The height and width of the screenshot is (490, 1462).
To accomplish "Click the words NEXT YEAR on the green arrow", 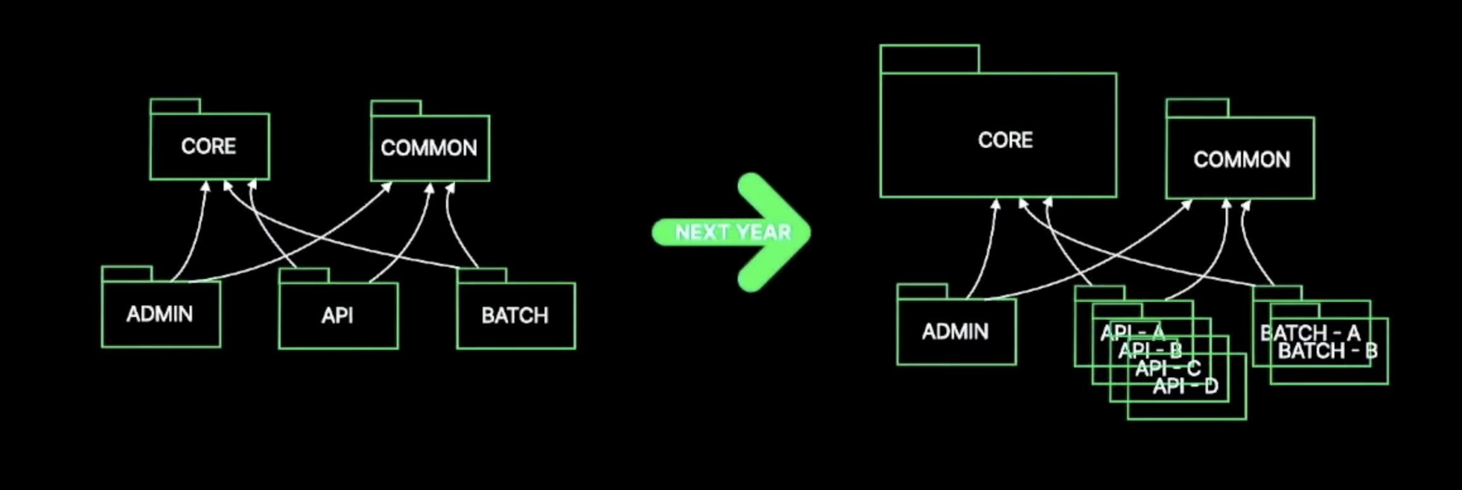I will tap(733, 232).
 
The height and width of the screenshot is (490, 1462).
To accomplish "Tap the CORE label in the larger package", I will tap(1005, 140).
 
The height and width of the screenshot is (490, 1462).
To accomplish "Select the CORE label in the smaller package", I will tap(208, 146).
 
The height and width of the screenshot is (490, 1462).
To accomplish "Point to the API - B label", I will tap(1150, 350).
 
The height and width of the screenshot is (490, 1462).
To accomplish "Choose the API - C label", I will tap(1168, 367).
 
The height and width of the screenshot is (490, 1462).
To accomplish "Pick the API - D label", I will tap(1185, 385).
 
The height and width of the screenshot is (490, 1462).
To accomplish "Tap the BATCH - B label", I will tap(1327, 351).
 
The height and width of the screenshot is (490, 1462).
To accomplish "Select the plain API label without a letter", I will tap(337, 315).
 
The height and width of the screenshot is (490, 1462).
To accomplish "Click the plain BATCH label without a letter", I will tap(515, 315).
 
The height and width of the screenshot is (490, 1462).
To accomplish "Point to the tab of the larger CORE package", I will tap(929, 59).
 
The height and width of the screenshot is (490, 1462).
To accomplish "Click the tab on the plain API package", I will tap(304, 275).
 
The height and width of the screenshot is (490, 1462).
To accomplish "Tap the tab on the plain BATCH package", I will tap(481, 275).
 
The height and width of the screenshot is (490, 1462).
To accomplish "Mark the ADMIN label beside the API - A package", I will tap(955, 332).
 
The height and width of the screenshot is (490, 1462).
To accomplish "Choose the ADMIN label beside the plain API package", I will tap(160, 314).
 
